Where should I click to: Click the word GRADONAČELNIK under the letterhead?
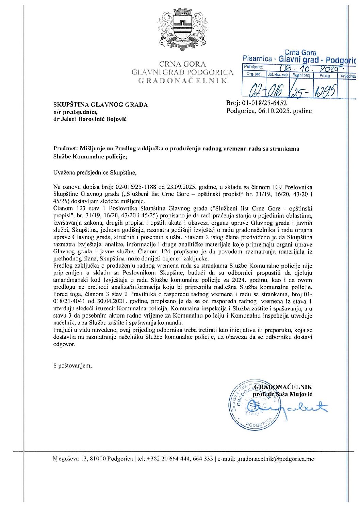coord(182,81)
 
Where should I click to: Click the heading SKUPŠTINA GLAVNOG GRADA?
coord(100,105)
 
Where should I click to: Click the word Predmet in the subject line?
coord(65,148)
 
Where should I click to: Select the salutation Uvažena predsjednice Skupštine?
coord(95,173)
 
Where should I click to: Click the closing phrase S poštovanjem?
coord(72,366)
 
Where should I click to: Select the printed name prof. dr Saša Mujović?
coord(282,394)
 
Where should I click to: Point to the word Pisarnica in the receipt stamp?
coord(257,58)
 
